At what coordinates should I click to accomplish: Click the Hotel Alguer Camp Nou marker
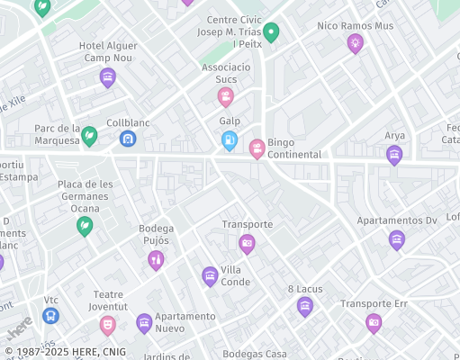click(108, 77)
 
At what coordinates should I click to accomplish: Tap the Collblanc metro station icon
click(128, 139)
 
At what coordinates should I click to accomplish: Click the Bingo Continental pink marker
click(257, 148)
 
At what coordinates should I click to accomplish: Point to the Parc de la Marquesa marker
click(89, 136)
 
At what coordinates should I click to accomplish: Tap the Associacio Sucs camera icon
click(225, 95)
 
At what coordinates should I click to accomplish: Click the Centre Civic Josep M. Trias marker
click(271, 32)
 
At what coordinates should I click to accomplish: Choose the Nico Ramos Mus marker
click(356, 41)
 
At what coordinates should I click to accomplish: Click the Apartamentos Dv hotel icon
click(397, 238)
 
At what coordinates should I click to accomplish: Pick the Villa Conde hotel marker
click(210, 274)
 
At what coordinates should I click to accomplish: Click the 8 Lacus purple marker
click(305, 306)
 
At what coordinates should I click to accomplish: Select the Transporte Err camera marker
click(374, 322)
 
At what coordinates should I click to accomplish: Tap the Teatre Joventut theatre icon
click(108, 322)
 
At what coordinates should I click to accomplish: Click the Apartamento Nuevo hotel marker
click(144, 322)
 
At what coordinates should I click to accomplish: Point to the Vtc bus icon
click(51, 316)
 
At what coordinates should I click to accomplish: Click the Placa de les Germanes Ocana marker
click(85, 225)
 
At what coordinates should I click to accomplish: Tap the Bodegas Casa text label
click(255, 354)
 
